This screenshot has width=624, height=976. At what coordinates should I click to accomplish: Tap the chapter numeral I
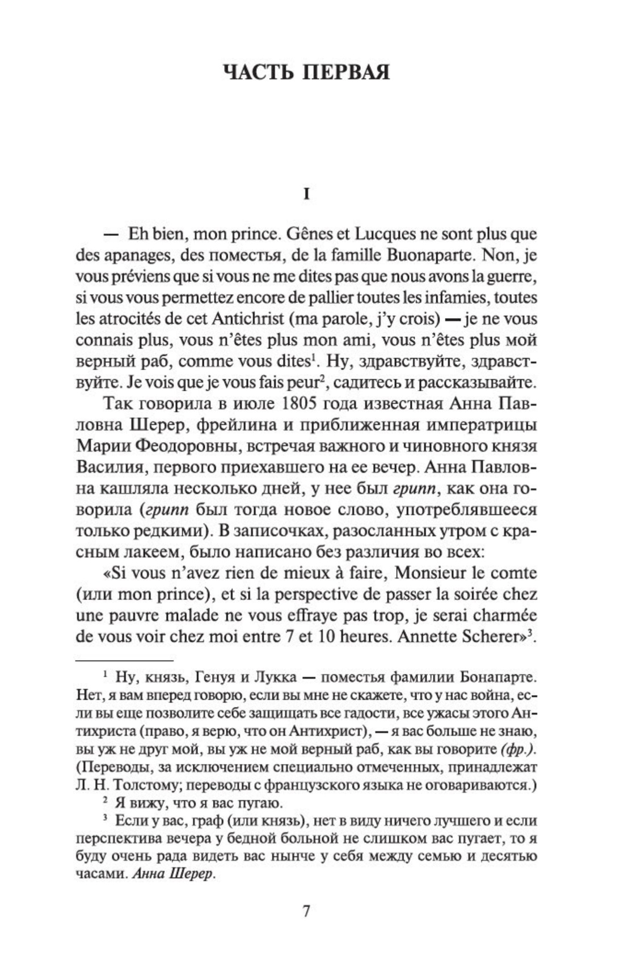pos(306,195)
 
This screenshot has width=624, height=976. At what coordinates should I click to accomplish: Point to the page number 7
pos(306,911)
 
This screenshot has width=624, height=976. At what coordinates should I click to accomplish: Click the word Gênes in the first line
pos(307,234)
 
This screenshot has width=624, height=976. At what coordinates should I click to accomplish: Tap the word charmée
pos(506,616)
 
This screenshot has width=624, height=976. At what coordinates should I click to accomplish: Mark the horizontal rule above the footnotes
pos(124,661)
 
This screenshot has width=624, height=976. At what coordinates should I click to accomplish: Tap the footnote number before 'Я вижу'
pos(105,801)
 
